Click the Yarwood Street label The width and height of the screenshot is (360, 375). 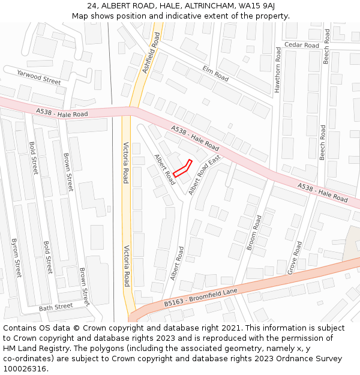39,77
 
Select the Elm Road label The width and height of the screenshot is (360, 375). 215,73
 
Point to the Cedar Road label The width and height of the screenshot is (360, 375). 302,45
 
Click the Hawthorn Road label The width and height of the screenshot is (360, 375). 278,70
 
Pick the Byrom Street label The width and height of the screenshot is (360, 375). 16,259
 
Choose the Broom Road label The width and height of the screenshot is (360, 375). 254,232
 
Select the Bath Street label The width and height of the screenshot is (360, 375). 56,307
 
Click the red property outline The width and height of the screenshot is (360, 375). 182,169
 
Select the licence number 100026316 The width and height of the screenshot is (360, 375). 26,368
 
